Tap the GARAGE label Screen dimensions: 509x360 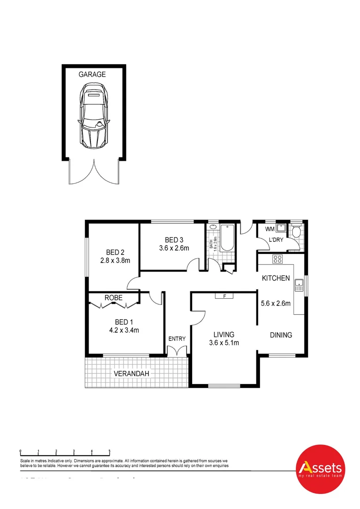[92, 74]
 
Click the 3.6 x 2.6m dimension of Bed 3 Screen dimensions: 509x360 [173, 248]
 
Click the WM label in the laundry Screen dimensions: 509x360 [270, 229]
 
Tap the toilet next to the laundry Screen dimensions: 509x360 [296, 231]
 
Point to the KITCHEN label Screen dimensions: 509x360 [276, 278]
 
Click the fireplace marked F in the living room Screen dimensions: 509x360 [225, 296]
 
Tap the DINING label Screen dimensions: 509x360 [281, 335]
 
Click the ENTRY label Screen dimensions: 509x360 [177, 338]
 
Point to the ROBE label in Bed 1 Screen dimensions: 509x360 [114, 298]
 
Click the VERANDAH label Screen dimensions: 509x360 [131, 374]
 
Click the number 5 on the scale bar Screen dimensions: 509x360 [109, 451]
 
